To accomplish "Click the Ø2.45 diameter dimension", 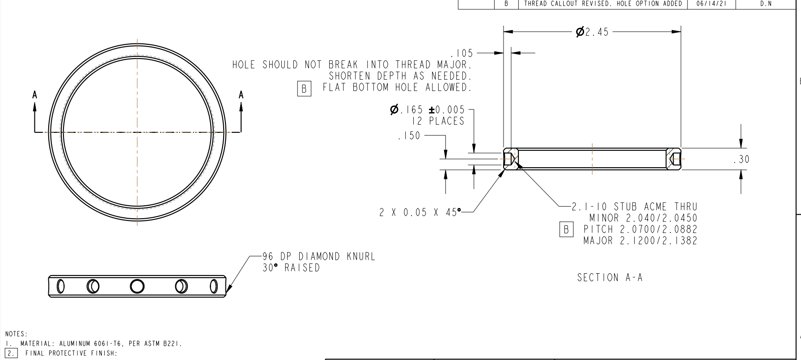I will click(x=592, y=32).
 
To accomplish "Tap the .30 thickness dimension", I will click(x=742, y=160).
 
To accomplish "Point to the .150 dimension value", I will click(x=409, y=136).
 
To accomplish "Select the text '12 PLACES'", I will click(x=438, y=121).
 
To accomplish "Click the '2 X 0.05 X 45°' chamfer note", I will click(x=420, y=213).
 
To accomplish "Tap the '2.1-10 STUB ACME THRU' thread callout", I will click(x=634, y=207).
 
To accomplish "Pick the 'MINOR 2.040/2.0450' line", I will click(x=643, y=218).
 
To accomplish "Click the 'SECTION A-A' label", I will click(x=610, y=278).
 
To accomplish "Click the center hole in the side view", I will click(x=137, y=286).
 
